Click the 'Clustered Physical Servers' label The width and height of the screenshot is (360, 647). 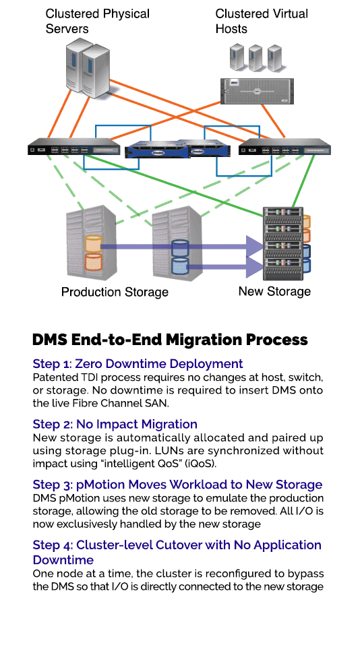(98, 21)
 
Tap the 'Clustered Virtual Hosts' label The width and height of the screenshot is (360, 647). (262, 21)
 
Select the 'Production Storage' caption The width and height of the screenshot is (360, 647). (115, 292)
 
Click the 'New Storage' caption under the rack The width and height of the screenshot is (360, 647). (274, 291)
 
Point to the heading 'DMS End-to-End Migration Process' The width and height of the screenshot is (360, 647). (170, 340)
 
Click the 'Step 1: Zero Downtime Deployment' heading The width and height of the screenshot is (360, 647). (138, 363)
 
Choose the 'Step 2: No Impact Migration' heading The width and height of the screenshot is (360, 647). (115, 424)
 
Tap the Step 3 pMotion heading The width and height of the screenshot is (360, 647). (177, 484)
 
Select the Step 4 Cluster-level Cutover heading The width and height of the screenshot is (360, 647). (177, 552)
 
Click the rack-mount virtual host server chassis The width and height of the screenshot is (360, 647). (256, 91)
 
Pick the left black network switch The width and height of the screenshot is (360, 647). (74, 148)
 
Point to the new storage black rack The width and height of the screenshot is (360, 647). (283, 243)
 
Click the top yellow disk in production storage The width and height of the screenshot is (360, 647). (94, 243)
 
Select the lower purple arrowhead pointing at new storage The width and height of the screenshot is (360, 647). (254, 267)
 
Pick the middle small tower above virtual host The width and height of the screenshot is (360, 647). (256, 58)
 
